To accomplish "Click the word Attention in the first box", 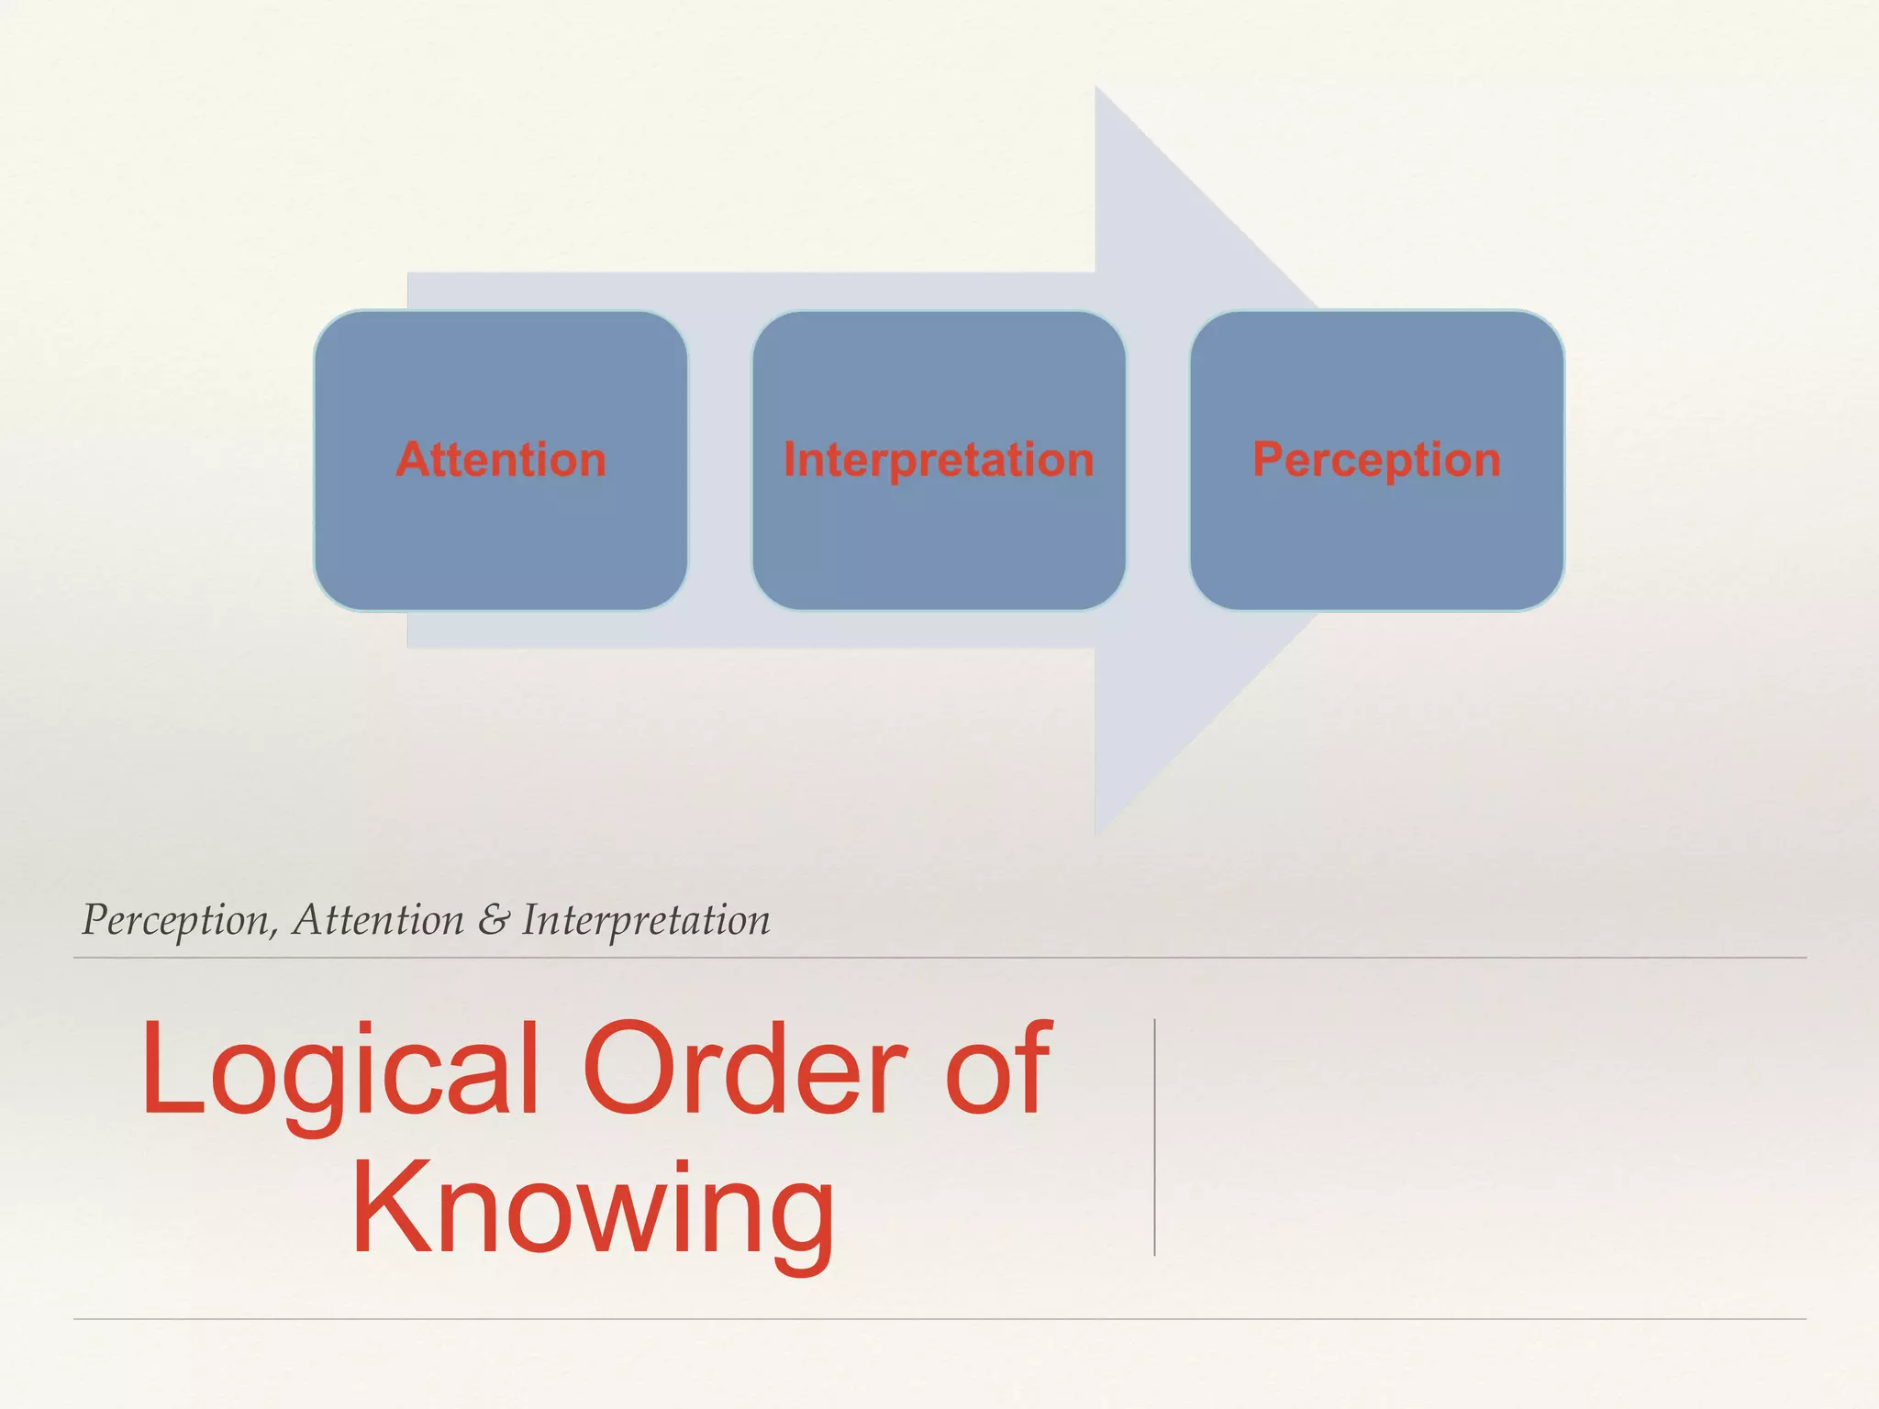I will [x=501, y=460].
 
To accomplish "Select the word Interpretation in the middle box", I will [x=939, y=460].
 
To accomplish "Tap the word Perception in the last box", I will [x=1376, y=460].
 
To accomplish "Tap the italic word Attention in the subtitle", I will [x=378, y=920].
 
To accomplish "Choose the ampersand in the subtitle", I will [x=493, y=920].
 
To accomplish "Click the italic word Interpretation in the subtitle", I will [x=646, y=920].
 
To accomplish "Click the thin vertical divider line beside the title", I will [x=1154, y=1137].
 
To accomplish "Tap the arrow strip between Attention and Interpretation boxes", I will [x=719, y=460].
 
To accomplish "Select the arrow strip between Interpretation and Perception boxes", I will [x=1158, y=460].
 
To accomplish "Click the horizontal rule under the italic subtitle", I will [x=939, y=958].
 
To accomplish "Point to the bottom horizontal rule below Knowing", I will [x=939, y=1319].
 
